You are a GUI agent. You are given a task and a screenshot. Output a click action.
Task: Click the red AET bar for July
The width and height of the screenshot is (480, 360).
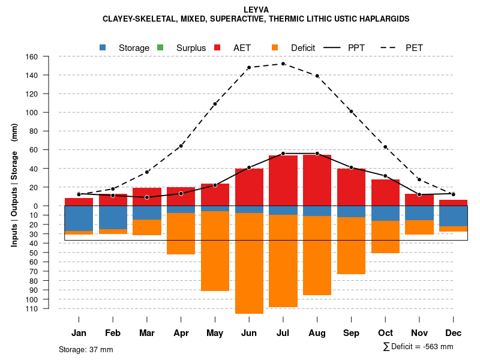(x=283, y=180)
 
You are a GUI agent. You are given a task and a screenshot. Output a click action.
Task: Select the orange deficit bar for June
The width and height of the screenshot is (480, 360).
(x=249, y=263)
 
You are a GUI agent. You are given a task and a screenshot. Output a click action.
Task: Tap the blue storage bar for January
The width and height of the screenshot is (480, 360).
(x=79, y=218)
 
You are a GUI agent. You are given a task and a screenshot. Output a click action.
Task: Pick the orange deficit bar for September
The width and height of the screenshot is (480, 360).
(x=351, y=245)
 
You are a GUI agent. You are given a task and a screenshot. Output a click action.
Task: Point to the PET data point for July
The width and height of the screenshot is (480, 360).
(x=283, y=64)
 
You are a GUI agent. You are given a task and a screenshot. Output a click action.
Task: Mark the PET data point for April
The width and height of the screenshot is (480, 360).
(x=181, y=146)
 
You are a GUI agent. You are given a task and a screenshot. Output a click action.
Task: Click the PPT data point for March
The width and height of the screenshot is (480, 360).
(x=147, y=197)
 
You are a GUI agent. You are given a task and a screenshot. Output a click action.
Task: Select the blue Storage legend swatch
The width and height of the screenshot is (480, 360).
(x=103, y=47)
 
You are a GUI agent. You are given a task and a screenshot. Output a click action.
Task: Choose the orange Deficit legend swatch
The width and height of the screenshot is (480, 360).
(x=275, y=47)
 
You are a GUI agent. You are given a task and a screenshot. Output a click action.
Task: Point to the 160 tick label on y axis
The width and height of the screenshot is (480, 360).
(x=32, y=56)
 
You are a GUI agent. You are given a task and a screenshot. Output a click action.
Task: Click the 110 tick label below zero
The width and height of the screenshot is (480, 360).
(x=32, y=308)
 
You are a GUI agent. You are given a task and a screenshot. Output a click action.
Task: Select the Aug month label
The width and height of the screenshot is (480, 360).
(x=317, y=333)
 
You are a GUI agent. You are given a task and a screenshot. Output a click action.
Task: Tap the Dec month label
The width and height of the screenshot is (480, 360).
(x=453, y=333)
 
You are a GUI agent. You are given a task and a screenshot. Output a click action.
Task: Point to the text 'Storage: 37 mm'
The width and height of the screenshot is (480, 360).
(x=86, y=349)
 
